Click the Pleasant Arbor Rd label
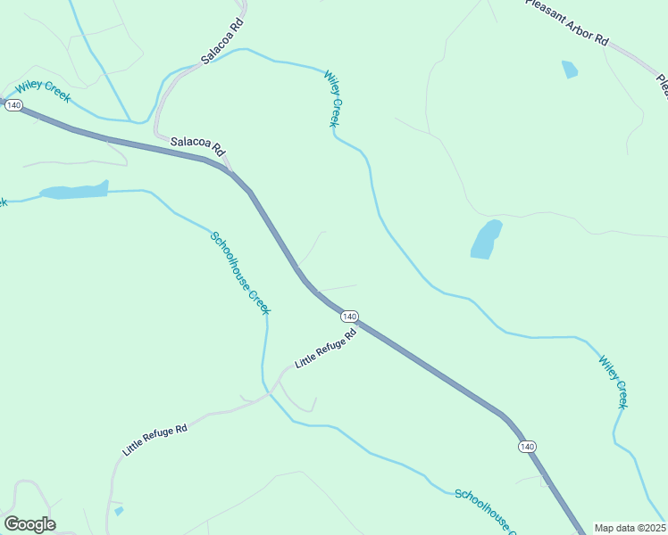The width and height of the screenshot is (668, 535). (566, 21)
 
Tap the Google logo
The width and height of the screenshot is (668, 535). (29, 524)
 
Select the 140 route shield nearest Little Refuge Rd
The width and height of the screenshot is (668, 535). (349, 317)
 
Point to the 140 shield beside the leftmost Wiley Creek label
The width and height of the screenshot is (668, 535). (13, 105)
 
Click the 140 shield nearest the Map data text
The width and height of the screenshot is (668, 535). (527, 446)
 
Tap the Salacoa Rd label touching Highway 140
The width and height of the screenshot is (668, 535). (196, 146)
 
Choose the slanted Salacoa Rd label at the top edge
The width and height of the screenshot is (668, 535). (222, 42)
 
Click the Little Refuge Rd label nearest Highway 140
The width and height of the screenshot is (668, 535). (326, 349)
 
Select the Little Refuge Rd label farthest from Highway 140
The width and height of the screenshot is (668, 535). (154, 440)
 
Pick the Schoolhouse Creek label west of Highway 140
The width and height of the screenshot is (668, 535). (240, 272)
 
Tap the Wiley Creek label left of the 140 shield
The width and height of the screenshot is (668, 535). (43, 92)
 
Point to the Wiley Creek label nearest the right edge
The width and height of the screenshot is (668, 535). (614, 383)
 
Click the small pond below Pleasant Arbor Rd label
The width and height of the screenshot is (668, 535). (569, 69)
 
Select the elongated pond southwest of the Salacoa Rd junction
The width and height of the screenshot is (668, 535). (73, 191)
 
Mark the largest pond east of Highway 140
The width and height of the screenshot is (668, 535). (486, 239)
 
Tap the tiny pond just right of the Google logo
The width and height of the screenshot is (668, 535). (119, 511)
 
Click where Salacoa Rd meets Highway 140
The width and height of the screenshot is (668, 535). (231, 171)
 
